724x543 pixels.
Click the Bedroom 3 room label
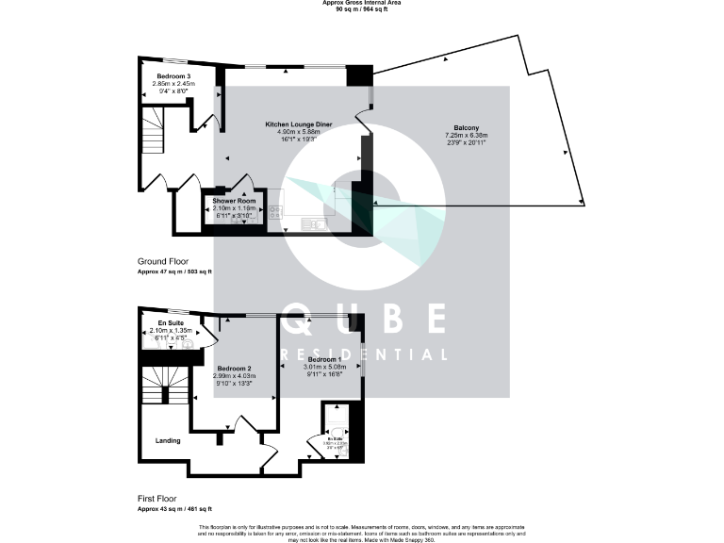(173, 74)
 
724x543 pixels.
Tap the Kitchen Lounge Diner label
(298, 124)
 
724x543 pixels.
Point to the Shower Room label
(234, 201)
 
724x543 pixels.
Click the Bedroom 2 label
(234, 368)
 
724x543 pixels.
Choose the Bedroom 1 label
(323, 360)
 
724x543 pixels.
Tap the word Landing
(168, 440)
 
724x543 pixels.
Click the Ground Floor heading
(163, 261)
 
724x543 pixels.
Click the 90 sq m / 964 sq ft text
(362, 9)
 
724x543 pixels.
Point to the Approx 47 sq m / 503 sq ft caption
(174, 271)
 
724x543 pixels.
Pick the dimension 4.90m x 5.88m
(298, 132)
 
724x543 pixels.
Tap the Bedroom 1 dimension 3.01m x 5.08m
(323, 368)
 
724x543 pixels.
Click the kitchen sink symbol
(313, 222)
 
